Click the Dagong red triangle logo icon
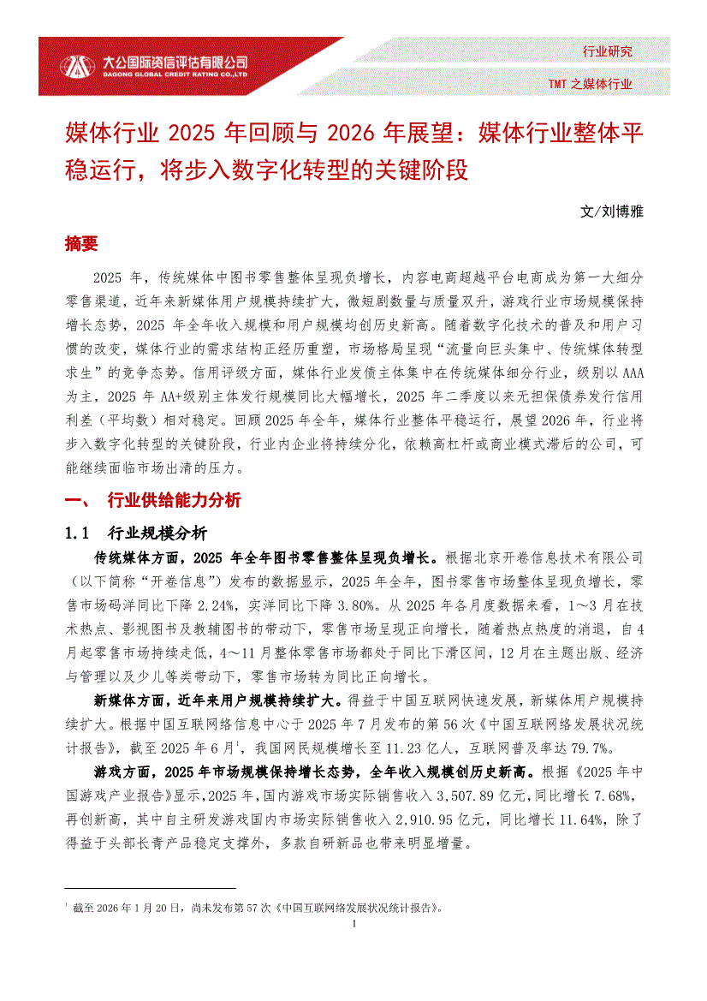pyautogui.click(x=77, y=66)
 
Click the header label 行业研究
pyautogui.click(x=607, y=51)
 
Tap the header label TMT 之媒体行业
pyautogui.click(x=591, y=84)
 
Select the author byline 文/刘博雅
pyautogui.click(x=611, y=211)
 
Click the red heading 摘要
pyautogui.click(x=81, y=244)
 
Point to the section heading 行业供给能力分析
pyautogui.click(x=174, y=501)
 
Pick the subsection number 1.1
pyautogui.click(x=77, y=533)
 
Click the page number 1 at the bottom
pyautogui.click(x=353, y=924)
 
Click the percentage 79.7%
pyautogui.click(x=591, y=748)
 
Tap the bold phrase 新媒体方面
pyautogui.click(x=130, y=701)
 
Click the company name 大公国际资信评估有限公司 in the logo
pyautogui.click(x=175, y=62)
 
